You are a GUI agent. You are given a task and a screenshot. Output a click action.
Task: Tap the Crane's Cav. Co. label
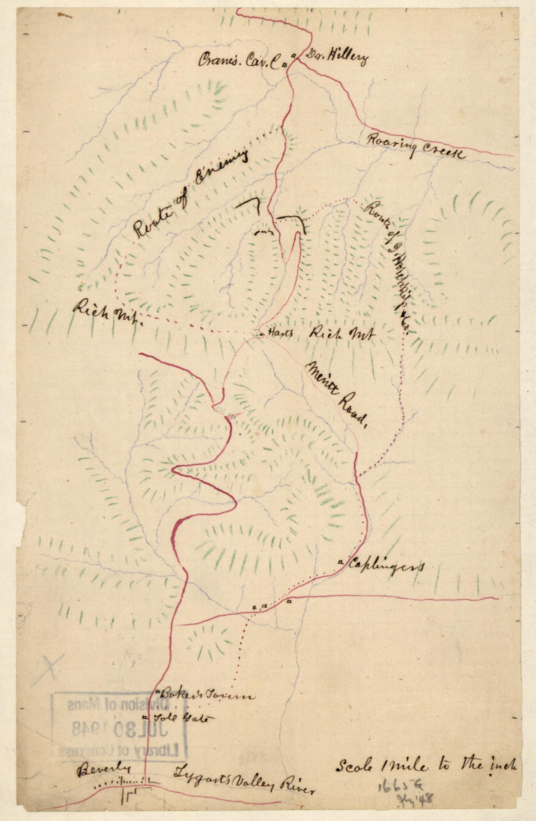[x=241, y=60]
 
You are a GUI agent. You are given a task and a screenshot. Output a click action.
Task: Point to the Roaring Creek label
[x=415, y=146]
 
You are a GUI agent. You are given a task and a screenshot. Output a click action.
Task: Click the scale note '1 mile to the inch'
[x=426, y=766]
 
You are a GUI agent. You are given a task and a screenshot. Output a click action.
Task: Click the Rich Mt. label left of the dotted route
[x=107, y=311]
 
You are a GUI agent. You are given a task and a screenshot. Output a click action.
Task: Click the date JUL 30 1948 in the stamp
[x=119, y=728]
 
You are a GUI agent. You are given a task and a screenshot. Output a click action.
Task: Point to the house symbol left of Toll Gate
[x=145, y=717]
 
